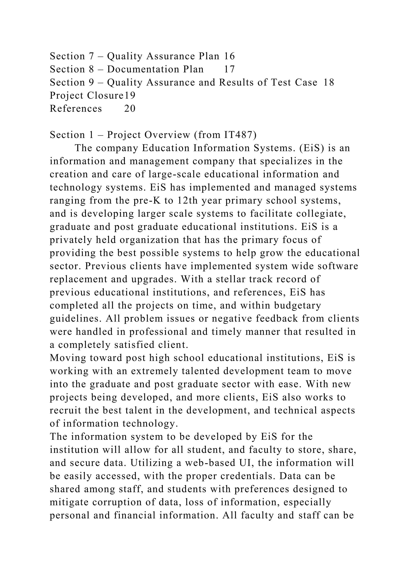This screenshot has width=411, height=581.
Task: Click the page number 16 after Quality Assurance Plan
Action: (x=229, y=56)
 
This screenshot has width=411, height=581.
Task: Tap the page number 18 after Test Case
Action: (x=329, y=82)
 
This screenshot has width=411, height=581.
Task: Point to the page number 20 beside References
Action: (x=130, y=109)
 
